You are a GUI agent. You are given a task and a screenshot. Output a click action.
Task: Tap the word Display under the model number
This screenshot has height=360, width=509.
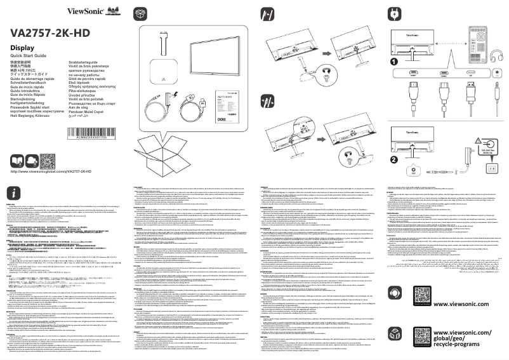[x=22, y=49]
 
